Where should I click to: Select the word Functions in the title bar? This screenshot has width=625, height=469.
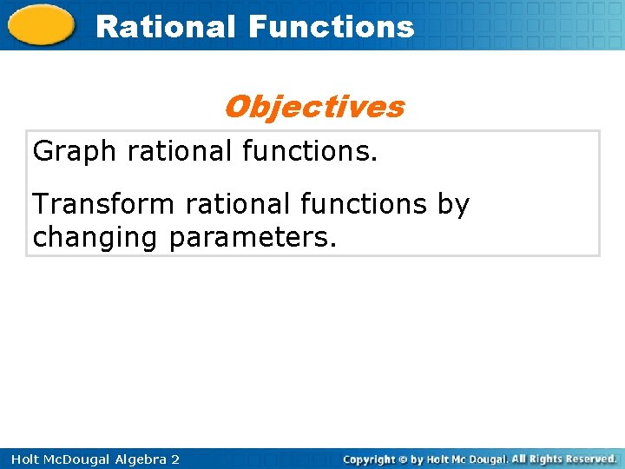point(331,27)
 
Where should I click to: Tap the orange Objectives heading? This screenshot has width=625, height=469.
point(313,107)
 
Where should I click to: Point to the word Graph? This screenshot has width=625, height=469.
point(74,151)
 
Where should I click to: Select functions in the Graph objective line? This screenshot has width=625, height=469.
point(310,151)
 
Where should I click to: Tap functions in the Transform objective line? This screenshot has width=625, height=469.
point(363,205)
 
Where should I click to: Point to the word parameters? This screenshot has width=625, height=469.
point(252,237)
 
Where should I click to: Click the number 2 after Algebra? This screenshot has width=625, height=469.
point(174,459)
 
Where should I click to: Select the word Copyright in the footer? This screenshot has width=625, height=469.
point(369,459)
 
